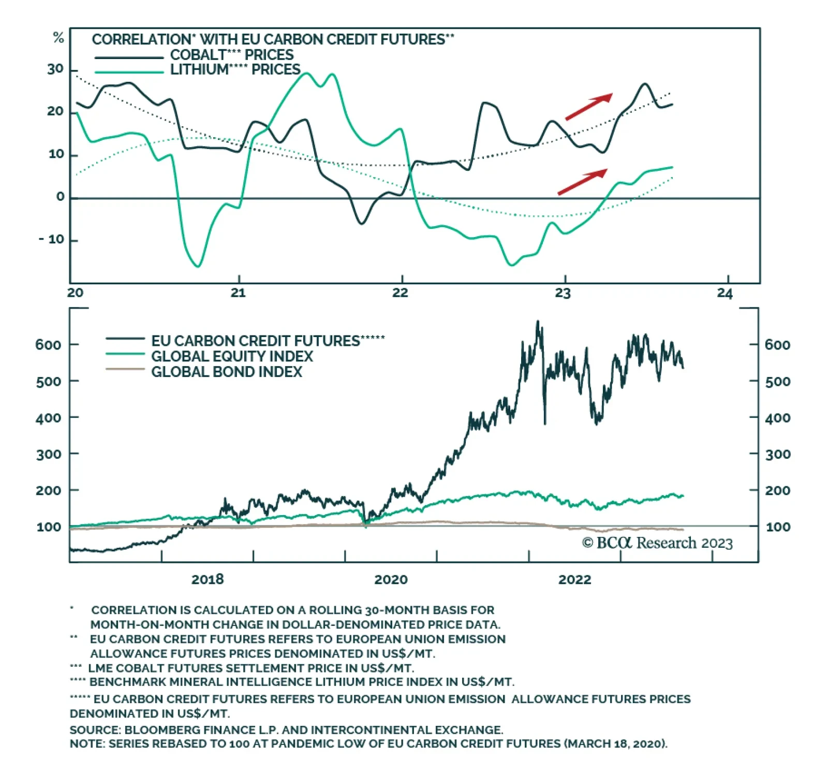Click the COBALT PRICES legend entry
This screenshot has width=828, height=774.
[x=231, y=55]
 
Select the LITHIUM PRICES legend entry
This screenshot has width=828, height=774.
[x=235, y=70]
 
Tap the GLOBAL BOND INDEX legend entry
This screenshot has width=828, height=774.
[x=226, y=372]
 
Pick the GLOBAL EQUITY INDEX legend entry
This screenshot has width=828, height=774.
[x=232, y=356]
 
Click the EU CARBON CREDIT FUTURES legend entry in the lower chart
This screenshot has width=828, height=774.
[x=256, y=341]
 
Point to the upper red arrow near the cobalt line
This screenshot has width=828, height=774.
[x=588, y=107]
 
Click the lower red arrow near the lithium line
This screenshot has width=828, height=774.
[x=582, y=181]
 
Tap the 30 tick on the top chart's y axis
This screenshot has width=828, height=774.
[x=55, y=69]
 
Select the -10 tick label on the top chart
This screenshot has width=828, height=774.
[x=52, y=240]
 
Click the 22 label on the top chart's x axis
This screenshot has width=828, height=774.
[x=400, y=293]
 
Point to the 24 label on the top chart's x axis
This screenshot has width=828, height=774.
[x=725, y=294]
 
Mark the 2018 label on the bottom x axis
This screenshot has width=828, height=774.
[x=208, y=579]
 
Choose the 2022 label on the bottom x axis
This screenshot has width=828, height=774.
[x=574, y=579]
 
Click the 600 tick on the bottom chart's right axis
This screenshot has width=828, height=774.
[x=777, y=345]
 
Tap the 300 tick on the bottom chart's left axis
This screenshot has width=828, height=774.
[x=48, y=455]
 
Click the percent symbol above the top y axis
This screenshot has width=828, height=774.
[x=58, y=38]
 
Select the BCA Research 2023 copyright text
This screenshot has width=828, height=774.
[x=657, y=543]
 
